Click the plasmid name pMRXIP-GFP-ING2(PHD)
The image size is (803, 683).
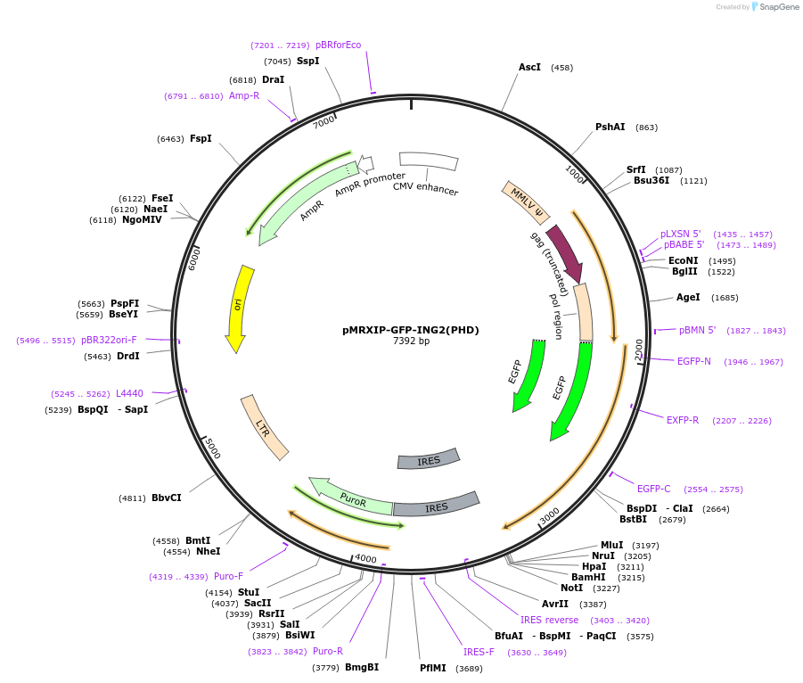411,330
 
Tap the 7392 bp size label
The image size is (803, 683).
411,341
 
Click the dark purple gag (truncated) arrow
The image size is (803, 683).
565,253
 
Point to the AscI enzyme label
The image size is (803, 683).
529,68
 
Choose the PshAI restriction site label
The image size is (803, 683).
610,128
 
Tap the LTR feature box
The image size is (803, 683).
264,427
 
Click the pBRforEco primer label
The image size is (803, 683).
339,45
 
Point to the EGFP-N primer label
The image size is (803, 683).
694,362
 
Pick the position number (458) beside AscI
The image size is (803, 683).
561,68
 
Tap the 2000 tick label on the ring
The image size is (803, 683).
638,350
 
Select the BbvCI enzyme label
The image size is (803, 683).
167,498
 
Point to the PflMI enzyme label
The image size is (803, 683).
433,668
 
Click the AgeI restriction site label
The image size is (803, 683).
688,298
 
